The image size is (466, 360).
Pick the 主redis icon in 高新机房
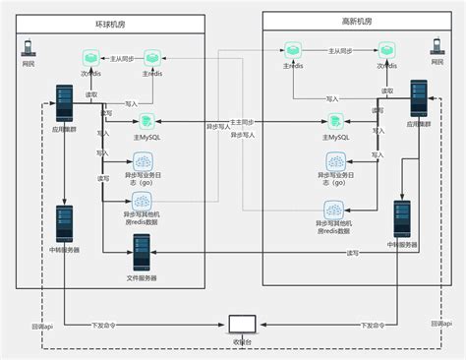click(x=292, y=49)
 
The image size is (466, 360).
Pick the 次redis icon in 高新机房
click(x=386, y=50)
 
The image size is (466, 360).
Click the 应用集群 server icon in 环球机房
click(x=66, y=103)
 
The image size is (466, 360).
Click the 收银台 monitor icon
click(x=241, y=324)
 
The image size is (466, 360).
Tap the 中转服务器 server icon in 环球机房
click(x=65, y=224)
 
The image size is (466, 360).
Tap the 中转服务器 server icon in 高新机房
click(x=402, y=218)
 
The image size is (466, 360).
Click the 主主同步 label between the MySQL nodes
click(x=242, y=121)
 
